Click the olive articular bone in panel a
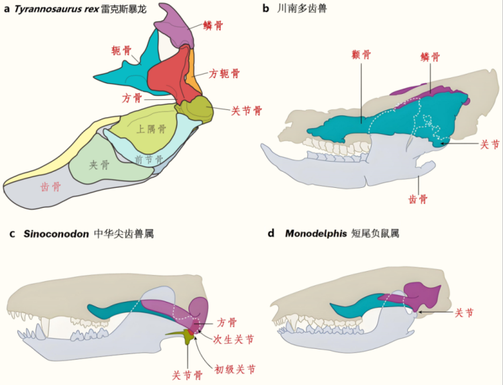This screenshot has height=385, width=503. click(199, 107)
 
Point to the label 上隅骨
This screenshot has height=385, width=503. click(151, 129)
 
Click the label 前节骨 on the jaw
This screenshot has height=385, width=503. click(149, 160)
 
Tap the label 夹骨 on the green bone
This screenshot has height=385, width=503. click(99, 164)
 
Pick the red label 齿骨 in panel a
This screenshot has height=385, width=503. click(50, 187)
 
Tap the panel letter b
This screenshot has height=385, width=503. click(266, 9)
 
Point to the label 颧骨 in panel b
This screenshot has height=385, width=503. click(361, 55)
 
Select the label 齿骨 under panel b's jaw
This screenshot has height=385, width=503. click(419, 199)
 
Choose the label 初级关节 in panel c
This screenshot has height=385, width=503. click(234, 369)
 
